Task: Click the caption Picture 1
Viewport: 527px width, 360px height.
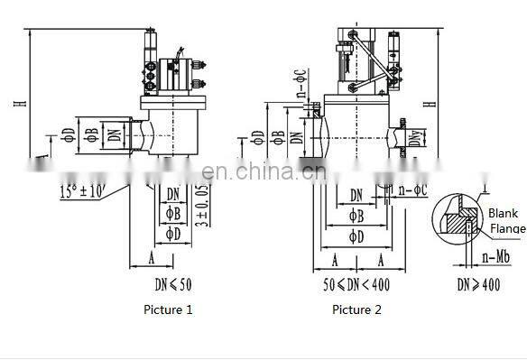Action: click(169, 309)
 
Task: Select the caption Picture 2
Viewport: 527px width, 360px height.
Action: click(356, 309)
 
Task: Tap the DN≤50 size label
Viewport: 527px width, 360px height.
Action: click(172, 284)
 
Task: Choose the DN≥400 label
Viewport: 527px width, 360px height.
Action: click(476, 284)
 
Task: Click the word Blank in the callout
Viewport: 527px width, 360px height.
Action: click(503, 214)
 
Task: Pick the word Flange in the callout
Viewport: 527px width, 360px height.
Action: click(506, 228)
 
